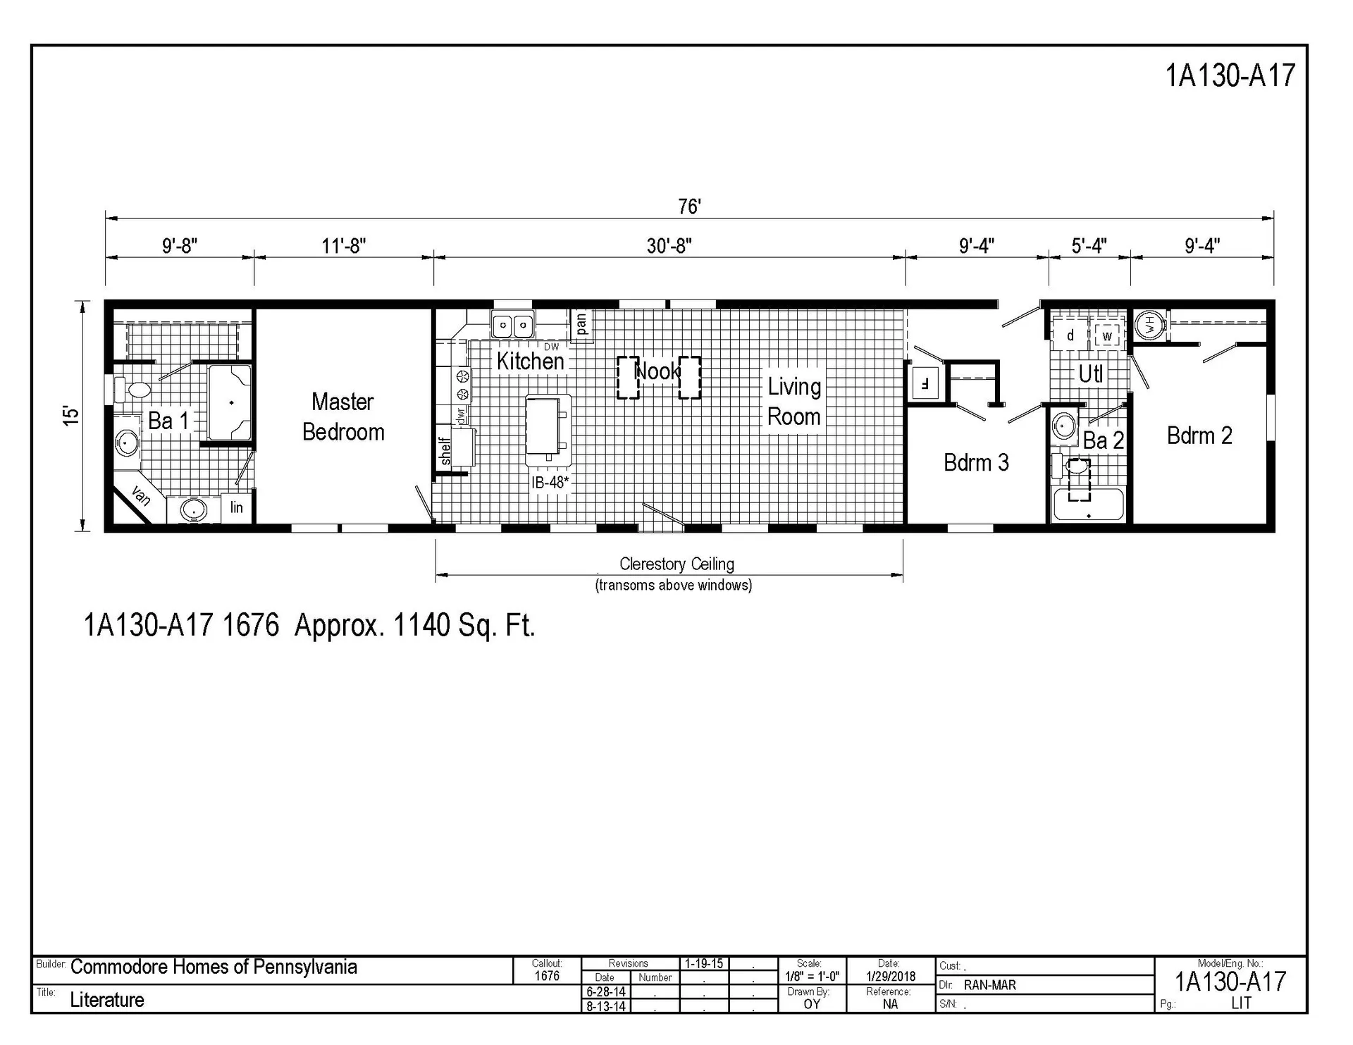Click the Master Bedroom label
[343, 416]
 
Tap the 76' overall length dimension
[689, 206]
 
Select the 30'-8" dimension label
[669, 246]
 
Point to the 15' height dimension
[71, 415]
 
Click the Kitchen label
[530, 361]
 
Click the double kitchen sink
[512, 326]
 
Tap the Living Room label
[794, 402]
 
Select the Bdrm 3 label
[976, 463]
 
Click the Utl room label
[1090, 374]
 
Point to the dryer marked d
[1070, 335]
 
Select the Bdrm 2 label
[1199, 436]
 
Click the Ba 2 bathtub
[1088, 505]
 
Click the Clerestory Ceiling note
[676, 564]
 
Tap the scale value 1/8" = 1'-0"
[812, 977]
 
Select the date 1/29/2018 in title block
[891, 977]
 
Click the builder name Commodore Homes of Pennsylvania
[214, 967]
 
